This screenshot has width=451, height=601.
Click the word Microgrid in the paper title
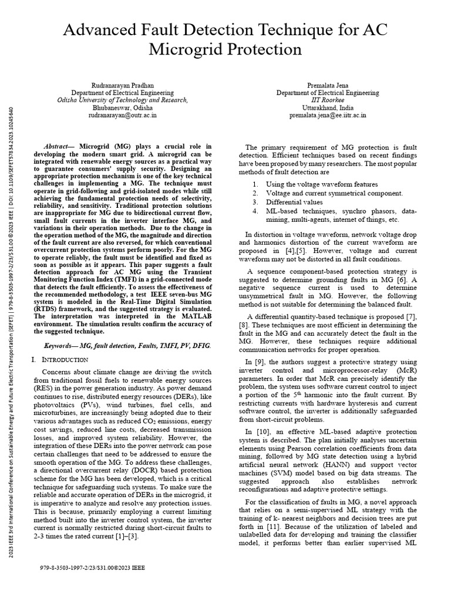179,49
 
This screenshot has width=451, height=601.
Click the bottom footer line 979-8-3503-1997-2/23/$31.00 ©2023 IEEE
92,568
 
